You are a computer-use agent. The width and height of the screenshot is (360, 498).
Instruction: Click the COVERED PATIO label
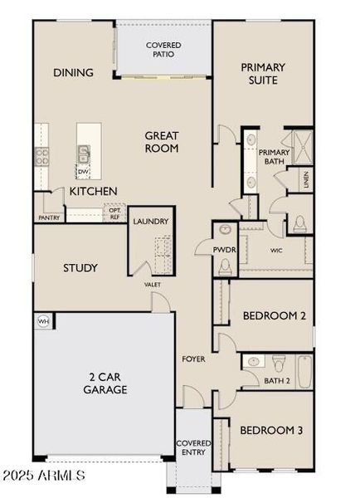163,49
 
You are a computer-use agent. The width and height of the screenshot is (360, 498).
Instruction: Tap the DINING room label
73,73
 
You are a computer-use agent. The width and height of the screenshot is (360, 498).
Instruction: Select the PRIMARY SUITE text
263,74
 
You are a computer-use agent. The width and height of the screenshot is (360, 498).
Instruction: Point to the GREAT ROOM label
162,142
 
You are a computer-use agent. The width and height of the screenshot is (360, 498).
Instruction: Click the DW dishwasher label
83,172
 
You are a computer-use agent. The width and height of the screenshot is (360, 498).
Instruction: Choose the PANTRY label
48,218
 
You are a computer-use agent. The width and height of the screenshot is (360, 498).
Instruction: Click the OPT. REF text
115,213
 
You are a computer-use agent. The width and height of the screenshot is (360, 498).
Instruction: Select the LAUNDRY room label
151,222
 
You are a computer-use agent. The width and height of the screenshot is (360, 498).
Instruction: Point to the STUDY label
81,268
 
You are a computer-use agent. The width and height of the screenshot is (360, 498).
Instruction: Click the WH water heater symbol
43,321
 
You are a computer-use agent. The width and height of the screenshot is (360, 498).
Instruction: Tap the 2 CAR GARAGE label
108,382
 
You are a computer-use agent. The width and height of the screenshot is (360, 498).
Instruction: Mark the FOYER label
193,359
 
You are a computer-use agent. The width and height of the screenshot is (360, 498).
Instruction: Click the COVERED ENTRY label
193,449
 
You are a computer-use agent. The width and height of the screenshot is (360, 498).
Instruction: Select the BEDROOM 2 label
274,316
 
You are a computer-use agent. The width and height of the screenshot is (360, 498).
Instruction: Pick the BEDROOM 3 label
271,431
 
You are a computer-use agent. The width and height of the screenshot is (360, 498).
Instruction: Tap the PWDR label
221,248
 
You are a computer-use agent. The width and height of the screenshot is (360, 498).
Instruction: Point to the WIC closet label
277,249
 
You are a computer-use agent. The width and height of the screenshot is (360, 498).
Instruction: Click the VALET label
153,285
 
